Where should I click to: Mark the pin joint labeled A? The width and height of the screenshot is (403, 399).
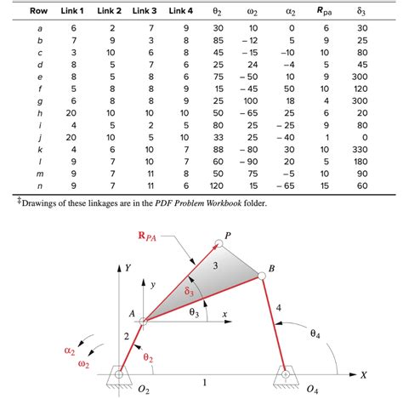pyautogui.click(x=143, y=322)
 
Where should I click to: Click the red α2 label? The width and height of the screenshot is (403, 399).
pyautogui.click(x=69, y=350)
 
